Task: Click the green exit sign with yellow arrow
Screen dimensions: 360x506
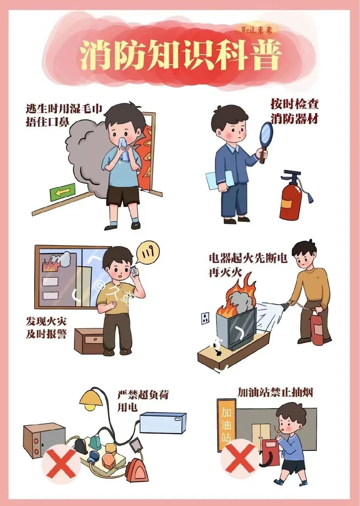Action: (62, 192)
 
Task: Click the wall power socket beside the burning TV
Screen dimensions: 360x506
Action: (205, 318)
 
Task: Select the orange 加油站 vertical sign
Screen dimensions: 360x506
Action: (226, 422)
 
